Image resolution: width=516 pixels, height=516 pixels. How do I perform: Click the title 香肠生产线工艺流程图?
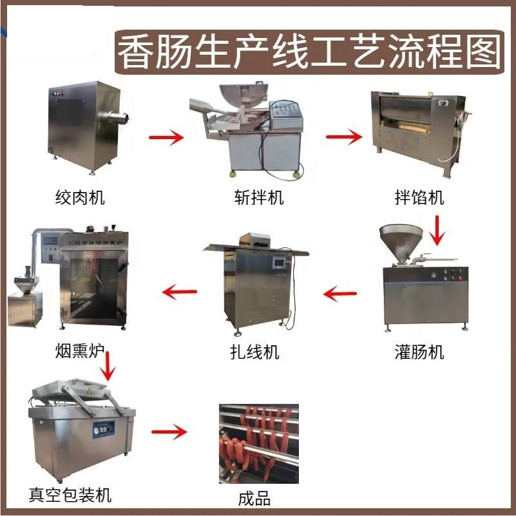pyautogui.click(x=309, y=50)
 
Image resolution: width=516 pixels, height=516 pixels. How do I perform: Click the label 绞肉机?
pyautogui.click(x=79, y=197)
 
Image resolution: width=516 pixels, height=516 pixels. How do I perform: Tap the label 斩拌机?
pyautogui.click(x=258, y=197)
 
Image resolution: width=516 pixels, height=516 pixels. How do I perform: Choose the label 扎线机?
pyautogui.click(x=255, y=352)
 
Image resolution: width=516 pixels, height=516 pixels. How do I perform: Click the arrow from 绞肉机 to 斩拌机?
pyautogui.click(x=166, y=137)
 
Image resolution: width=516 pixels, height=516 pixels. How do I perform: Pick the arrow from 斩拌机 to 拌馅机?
pyautogui.click(x=343, y=137)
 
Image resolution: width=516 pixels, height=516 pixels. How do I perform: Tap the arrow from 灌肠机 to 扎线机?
pyautogui.click(x=340, y=295)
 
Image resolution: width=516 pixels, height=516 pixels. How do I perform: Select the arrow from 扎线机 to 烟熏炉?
pyautogui.click(x=178, y=292)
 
